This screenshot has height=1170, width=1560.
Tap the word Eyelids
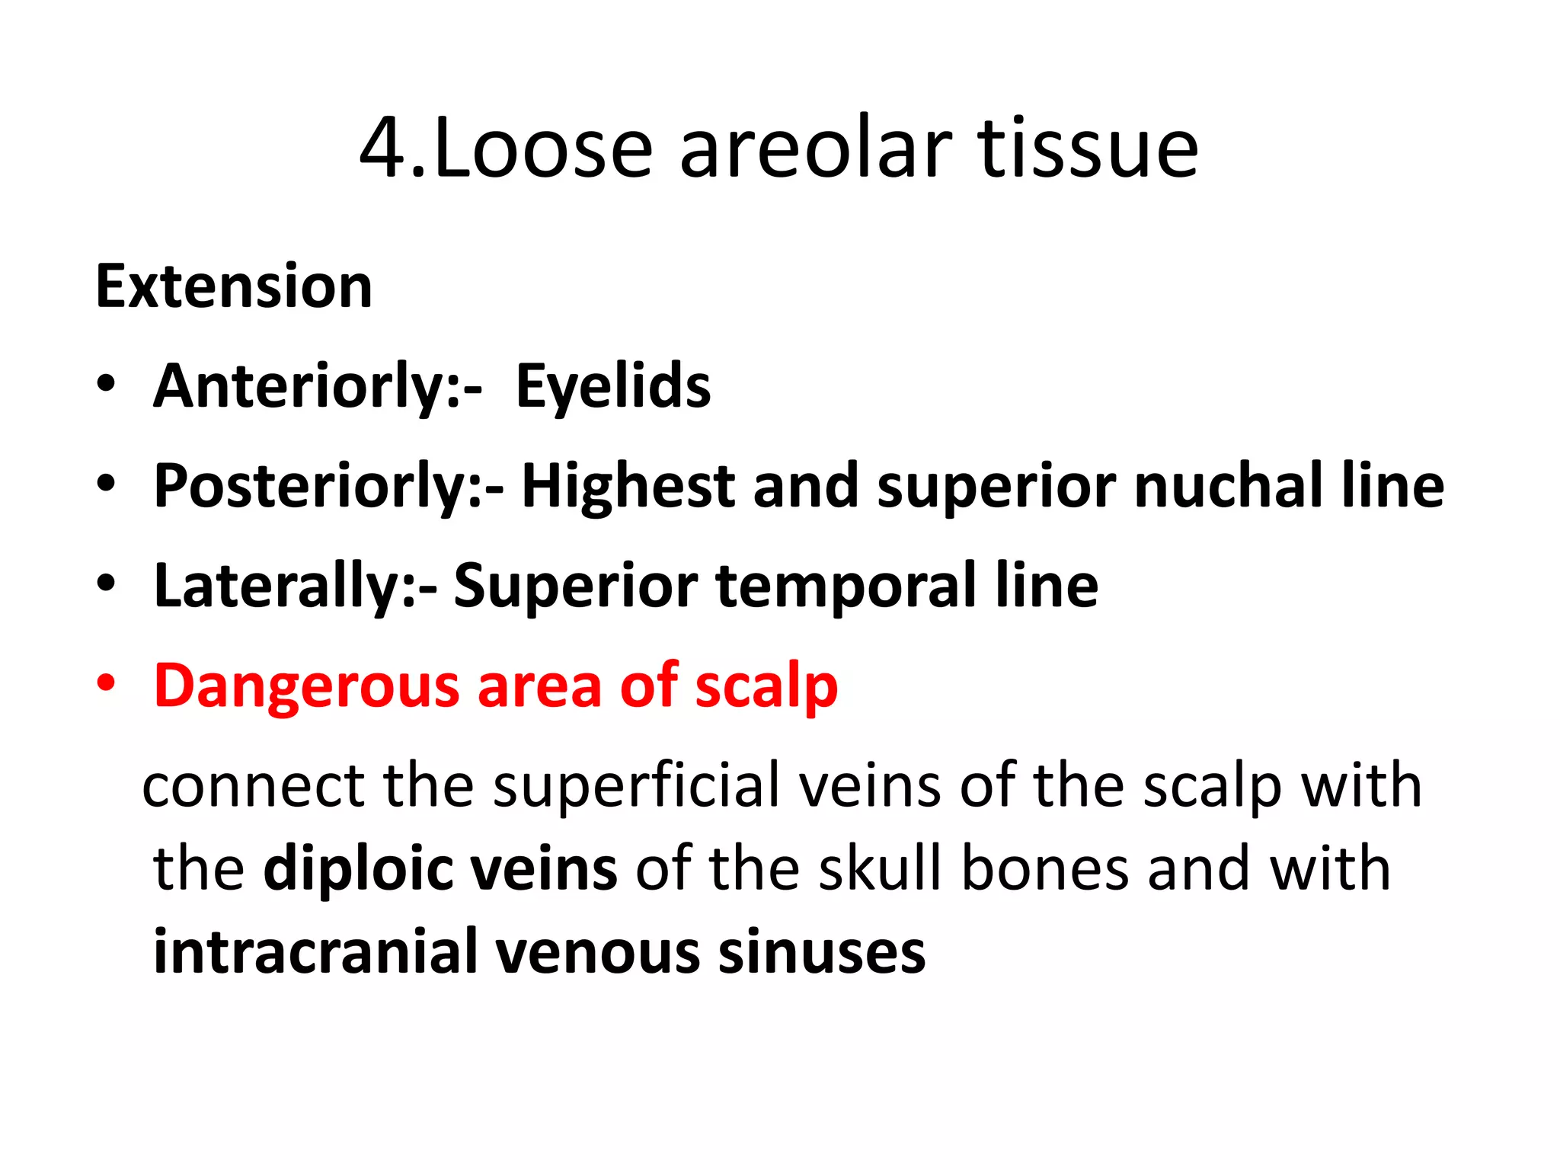(613, 387)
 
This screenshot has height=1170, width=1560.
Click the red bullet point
(106, 683)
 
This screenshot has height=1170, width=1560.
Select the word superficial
(636, 785)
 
